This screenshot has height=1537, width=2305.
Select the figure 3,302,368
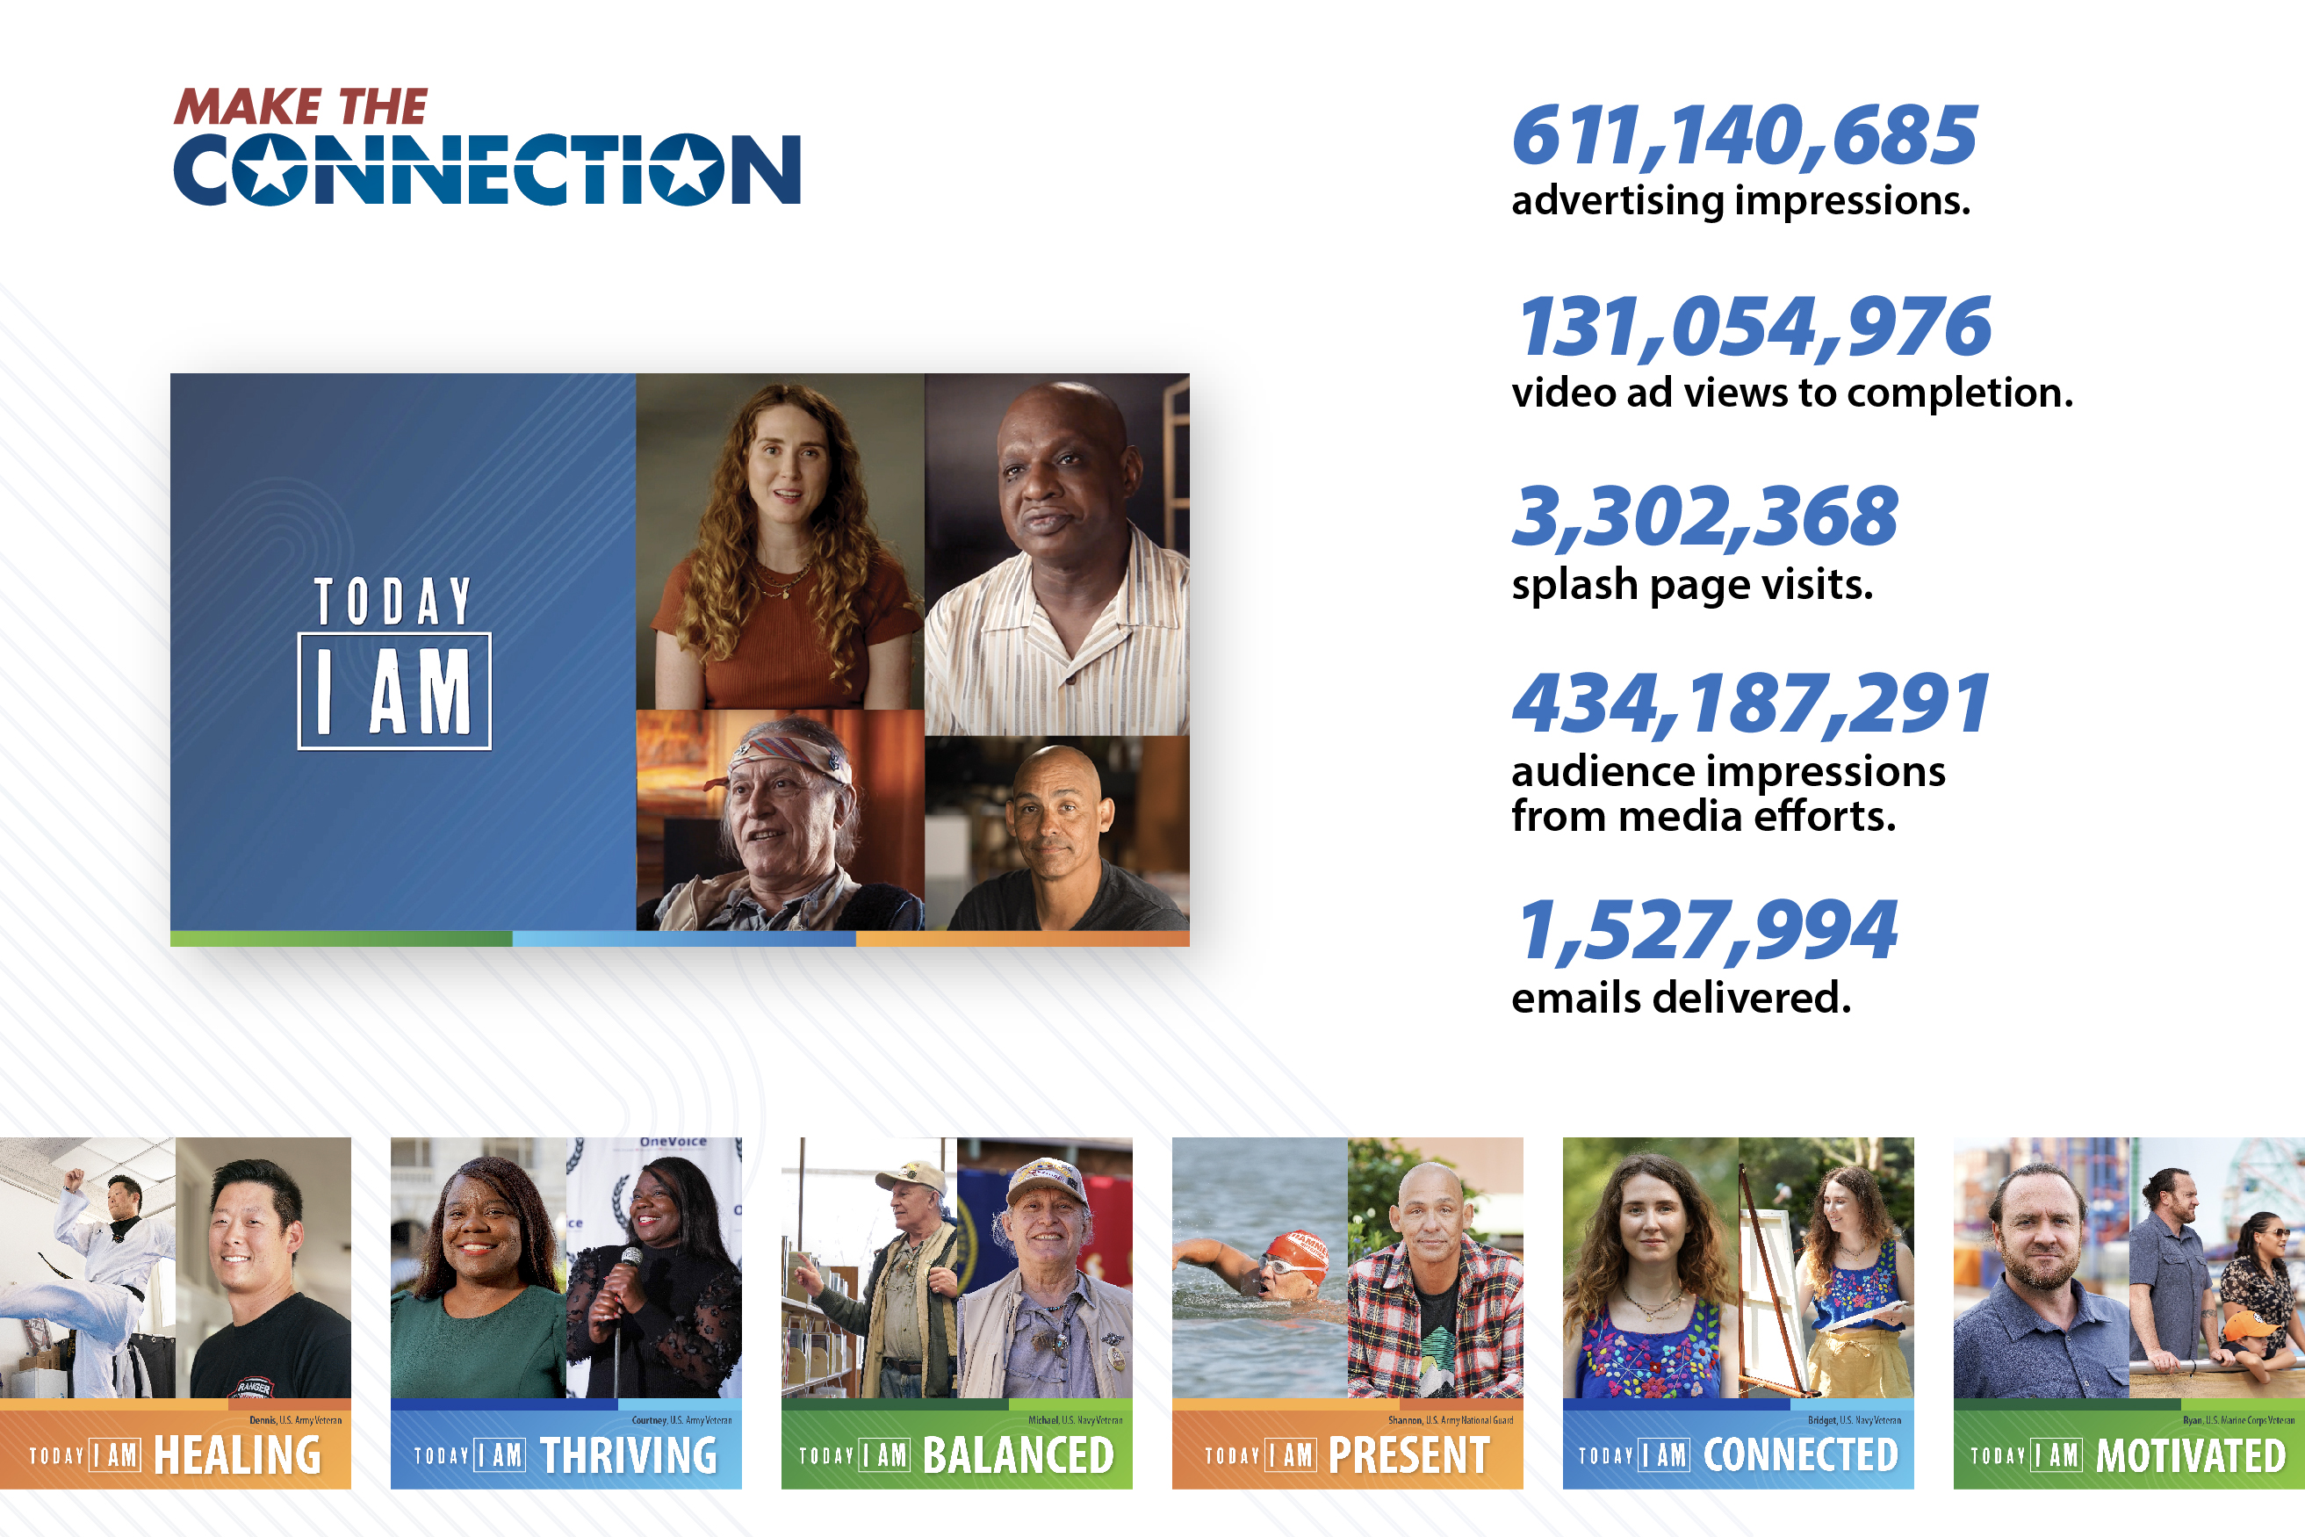1704,516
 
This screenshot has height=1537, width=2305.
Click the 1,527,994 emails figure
1706,930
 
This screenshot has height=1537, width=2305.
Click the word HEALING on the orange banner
237,1455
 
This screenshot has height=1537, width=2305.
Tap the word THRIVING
628,1455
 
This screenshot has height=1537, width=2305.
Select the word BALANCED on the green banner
1019,1455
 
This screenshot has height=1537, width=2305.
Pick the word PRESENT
1408,1455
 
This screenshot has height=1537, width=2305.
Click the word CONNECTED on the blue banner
1800,1455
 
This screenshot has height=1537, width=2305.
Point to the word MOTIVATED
2190,1455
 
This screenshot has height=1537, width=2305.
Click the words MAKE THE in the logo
301,107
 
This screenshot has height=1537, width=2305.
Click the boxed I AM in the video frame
394,692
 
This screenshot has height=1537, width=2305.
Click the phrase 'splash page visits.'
1691,585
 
